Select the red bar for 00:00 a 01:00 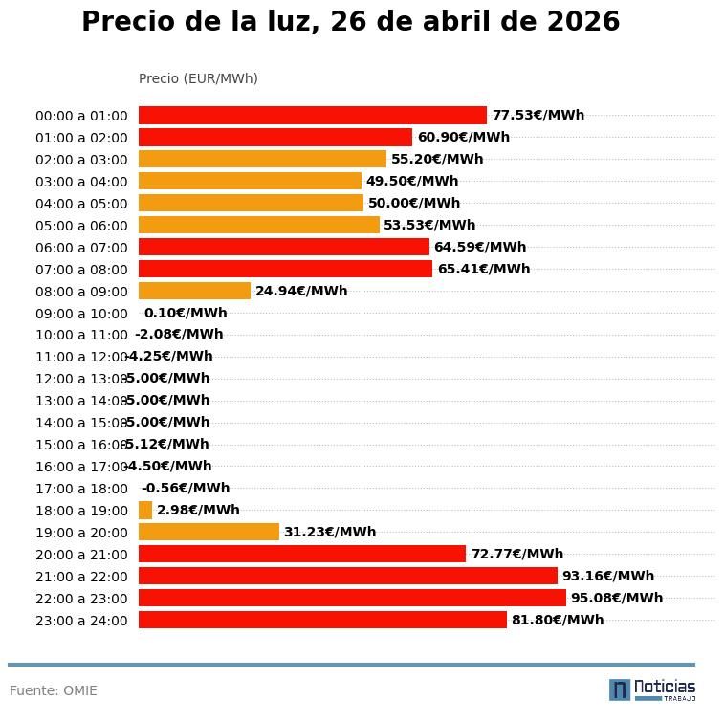(x=313, y=116)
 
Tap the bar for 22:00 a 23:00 (x=352, y=599)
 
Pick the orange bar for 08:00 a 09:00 (x=194, y=291)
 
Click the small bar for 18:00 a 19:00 (x=145, y=511)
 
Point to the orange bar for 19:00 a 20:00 (x=209, y=533)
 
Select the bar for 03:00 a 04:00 (x=250, y=182)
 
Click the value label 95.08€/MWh (x=617, y=599)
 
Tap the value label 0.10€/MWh (x=186, y=314)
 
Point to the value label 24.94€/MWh (x=301, y=292)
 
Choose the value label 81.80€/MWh (x=558, y=621)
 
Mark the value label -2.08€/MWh (x=179, y=335)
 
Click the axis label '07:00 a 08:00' (x=81, y=270)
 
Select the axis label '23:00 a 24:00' (x=81, y=622)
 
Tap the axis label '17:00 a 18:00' (x=81, y=490)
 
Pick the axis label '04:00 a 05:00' (x=81, y=204)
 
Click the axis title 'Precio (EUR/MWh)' (x=198, y=78)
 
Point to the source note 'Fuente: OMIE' (x=54, y=690)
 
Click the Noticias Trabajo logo (x=652, y=689)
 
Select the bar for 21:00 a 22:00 (x=348, y=577)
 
